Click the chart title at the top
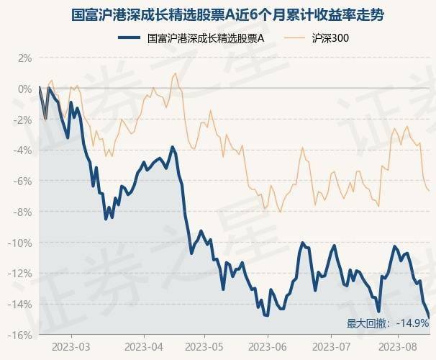[x=217, y=14]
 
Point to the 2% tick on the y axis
[x=25, y=58]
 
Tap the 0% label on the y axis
[x=25, y=89]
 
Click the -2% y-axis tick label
[x=24, y=120]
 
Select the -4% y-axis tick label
[x=24, y=150]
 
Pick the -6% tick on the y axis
[x=24, y=181]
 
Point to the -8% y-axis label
[x=24, y=212]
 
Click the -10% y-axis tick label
[x=22, y=243]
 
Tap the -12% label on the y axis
[x=22, y=274]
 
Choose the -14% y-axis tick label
[x=22, y=305]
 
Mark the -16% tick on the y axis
[x=22, y=336]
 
